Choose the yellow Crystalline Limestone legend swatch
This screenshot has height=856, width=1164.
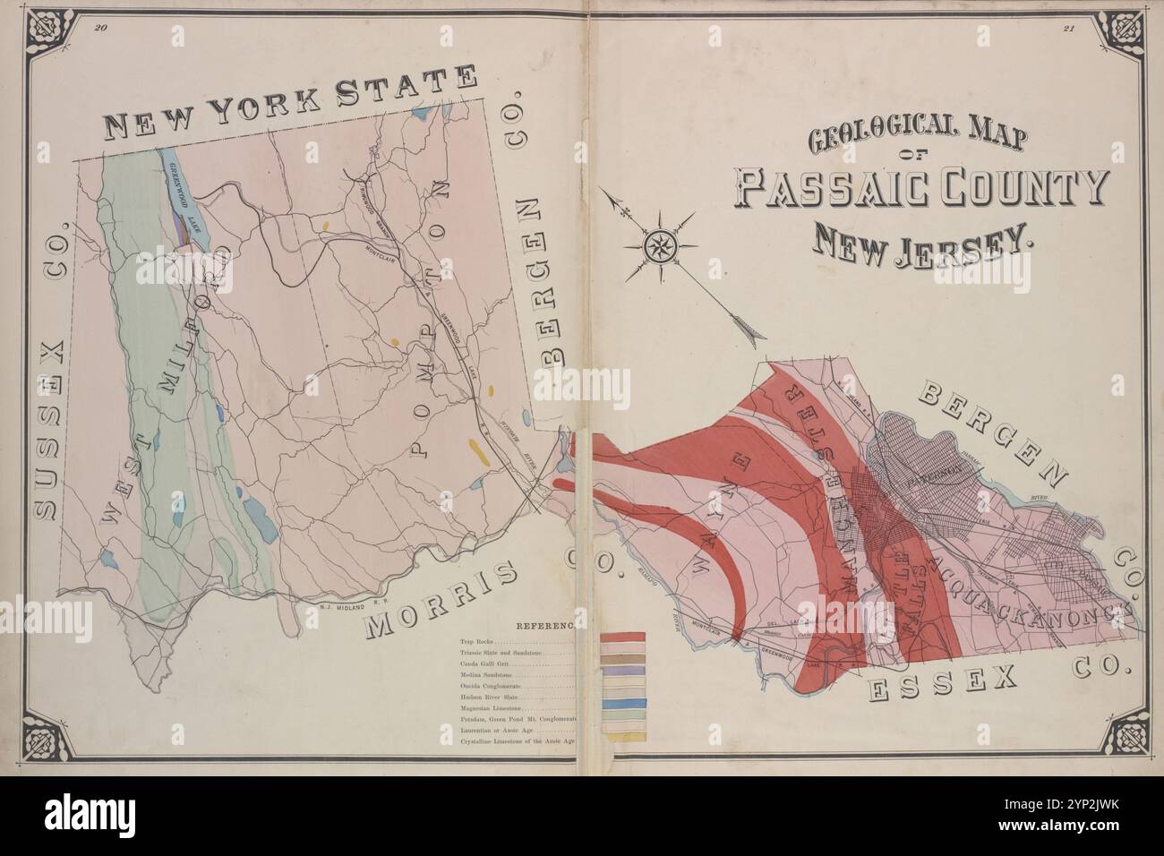click(x=622, y=741)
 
